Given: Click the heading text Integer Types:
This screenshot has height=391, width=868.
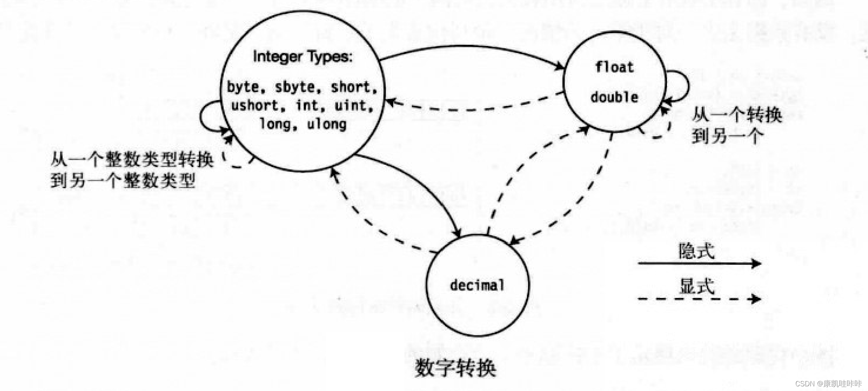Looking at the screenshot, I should tap(303, 57).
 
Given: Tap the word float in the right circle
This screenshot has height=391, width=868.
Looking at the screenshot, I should tap(614, 67).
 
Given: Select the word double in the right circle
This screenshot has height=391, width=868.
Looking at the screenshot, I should tap(614, 97).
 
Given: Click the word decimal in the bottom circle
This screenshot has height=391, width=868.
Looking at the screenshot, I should tap(477, 285).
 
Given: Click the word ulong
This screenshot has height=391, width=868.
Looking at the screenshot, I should tap(327, 124).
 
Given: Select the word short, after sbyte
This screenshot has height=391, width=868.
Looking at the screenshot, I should tap(353, 87).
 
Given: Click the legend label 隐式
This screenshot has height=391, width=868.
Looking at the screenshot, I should tap(696, 251).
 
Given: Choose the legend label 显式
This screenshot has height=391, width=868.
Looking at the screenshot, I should tap(696, 286).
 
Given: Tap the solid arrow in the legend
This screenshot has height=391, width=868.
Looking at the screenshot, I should tap(699, 264).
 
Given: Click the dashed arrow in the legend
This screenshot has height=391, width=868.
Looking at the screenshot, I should tap(699, 299).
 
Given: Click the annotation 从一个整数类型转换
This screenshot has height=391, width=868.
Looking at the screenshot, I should tap(132, 160).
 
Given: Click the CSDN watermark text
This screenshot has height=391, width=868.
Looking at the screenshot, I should tap(828, 384).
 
